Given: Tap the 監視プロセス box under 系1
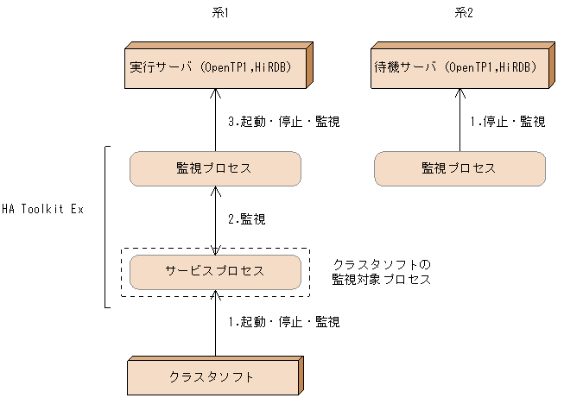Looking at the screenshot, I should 214,168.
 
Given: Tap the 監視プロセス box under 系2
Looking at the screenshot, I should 459,168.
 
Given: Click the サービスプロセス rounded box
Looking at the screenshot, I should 214,271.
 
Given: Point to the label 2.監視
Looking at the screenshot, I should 246,219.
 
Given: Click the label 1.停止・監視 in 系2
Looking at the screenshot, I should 508,122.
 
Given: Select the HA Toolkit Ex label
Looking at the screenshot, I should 42,210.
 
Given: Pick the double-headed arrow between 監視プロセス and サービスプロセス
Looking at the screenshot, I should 215,219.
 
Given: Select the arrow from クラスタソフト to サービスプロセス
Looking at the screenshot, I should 215,324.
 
